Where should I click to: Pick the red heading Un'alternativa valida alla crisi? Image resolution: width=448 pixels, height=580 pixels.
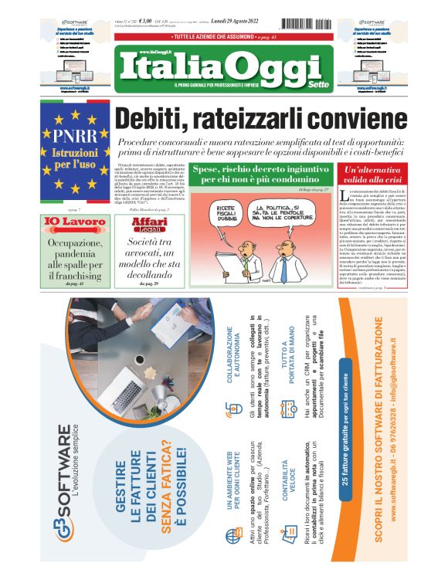[x=374, y=174]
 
